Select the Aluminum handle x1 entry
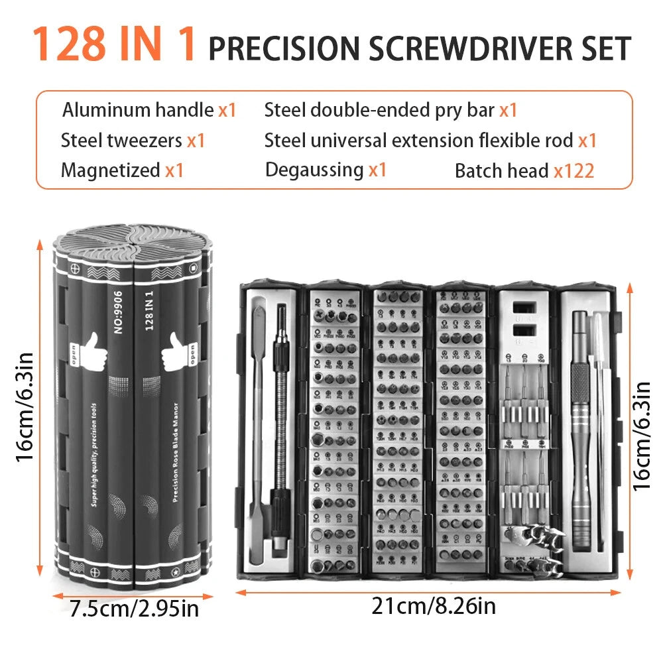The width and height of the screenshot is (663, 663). click(149, 110)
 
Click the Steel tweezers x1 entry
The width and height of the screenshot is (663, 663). click(133, 141)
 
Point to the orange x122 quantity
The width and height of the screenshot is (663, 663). click(574, 171)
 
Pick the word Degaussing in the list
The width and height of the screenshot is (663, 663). click(314, 170)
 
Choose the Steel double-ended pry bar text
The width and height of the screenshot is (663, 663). click(380, 110)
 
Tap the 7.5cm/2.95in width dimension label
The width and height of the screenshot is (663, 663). click(134, 607)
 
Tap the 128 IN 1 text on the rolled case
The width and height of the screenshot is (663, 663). click(150, 312)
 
